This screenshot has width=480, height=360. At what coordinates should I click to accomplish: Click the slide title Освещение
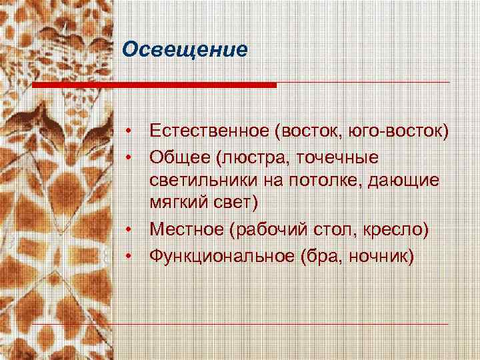(x=185, y=51)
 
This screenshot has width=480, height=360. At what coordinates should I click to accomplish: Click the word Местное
(x=187, y=229)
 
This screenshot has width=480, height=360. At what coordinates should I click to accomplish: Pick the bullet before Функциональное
(x=134, y=254)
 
